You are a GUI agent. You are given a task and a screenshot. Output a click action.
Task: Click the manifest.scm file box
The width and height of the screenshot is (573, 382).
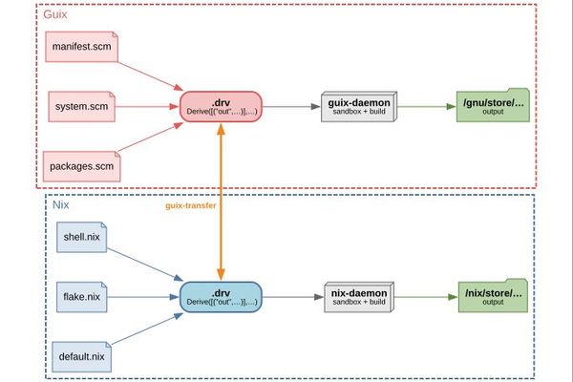click(x=81, y=47)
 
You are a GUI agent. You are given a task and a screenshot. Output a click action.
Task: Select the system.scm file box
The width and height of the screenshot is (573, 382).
click(x=81, y=106)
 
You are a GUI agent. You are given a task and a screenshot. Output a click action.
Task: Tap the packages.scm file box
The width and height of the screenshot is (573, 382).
click(x=81, y=166)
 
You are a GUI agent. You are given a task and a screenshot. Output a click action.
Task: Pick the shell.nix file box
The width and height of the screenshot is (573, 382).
click(x=81, y=237)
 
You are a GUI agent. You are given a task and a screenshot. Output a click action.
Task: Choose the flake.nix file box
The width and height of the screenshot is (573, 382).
click(x=81, y=297)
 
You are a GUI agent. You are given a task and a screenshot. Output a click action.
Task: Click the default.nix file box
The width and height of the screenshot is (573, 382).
click(x=81, y=357)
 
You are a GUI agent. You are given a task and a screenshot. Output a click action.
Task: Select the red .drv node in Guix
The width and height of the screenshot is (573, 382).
click(x=221, y=106)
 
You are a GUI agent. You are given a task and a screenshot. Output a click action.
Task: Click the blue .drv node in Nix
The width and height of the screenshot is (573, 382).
click(x=221, y=297)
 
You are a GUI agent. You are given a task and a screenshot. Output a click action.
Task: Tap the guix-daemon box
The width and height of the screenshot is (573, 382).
click(x=359, y=106)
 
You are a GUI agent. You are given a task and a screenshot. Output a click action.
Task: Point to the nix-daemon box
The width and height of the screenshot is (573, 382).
click(x=359, y=297)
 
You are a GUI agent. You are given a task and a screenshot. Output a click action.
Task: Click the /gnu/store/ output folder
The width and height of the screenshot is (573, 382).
click(x=493, y=105)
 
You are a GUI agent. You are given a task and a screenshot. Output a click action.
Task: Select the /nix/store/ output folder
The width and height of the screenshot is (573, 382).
click(x=493, y=296)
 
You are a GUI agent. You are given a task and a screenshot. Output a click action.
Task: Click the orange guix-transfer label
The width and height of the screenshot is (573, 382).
click(x=191, y=205)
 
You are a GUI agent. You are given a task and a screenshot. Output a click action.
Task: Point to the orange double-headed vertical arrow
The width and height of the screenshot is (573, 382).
click(x=221, y=202)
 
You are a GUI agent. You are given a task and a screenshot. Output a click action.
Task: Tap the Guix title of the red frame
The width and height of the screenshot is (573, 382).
click(x=55, y=14)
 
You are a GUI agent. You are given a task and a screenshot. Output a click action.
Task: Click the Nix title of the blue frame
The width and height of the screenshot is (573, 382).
click(x=61, y=204)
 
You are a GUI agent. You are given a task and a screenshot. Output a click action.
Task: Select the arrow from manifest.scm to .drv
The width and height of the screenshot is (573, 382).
click(x=150, y=76)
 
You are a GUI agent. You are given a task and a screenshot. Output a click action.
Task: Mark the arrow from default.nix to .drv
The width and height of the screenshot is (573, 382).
click(x=147, y=329)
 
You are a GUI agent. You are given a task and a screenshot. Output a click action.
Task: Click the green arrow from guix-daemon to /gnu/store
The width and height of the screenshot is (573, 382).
click(x=427, y=106)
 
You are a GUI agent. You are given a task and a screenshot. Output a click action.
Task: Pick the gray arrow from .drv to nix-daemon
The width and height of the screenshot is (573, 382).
click(x=293, y=297)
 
